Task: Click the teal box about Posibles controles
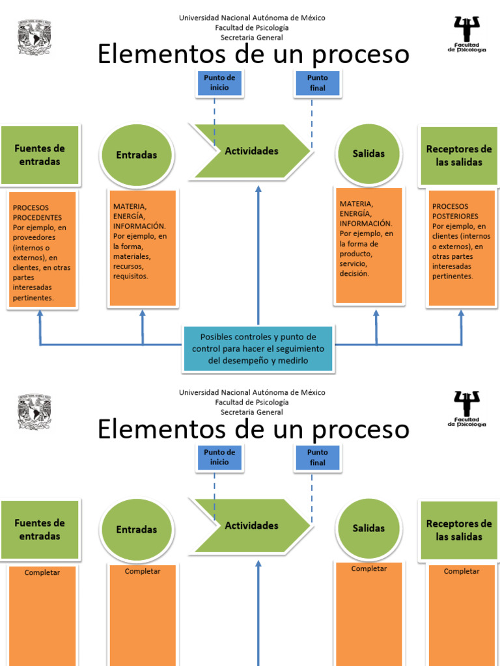pyautogui.click(x=258, y=349)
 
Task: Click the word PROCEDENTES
pyautogui.click(x=37, y=217)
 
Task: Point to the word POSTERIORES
pyautogui.click(x=455, y=216)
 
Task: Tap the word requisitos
pyautogui.click(x=130, y=276)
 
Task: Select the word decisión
pyautogui.click(x=354, y=274)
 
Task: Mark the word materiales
pyautogui.click(x=132, y=256)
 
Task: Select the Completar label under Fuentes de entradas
pyautogui.click(x=42, y=572)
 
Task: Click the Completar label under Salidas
pyautogui.click(x=368, y=568)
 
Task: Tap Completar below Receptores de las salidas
pyautogui.click(x=462, y=571)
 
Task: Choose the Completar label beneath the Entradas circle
pyautogui.click(x=142, y=571)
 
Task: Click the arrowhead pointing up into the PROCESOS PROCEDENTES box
pyautogui.click(x=40, y=313)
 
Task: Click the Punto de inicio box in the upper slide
pyautogui.click(x=219, y=83)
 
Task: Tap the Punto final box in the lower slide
pyautogui.click(x=317, y=457)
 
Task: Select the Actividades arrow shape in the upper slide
pyautogui.click(x=251, y=151)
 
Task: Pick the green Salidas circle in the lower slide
pyautogui.click(x=368, y=529)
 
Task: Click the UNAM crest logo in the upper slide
pyautogui.click(x=34, y=36)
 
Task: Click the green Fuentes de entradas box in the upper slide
pyautogui.click(x=40, y=155)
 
